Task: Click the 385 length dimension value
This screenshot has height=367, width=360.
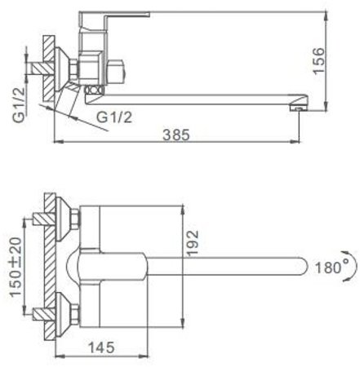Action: [176, 135]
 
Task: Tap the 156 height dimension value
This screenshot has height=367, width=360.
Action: [318, 60]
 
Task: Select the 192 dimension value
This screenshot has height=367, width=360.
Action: [193, 243]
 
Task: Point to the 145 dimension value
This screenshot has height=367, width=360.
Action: [101, 347]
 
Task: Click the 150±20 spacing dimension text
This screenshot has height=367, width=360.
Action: [16, 267]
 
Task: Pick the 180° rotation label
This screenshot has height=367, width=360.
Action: [328, 268]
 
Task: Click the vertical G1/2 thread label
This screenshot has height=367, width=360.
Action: [20, 104]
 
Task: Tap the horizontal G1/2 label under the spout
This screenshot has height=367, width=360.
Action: [114, 117]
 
